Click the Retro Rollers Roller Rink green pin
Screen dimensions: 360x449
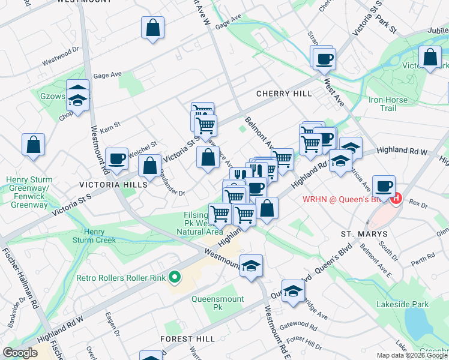175,277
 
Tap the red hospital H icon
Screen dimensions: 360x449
396,199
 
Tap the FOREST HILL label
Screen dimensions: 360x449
188,339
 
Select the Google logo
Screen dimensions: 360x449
20,353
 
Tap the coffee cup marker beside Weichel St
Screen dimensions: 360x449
116,158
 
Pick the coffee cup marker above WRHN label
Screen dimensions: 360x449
384,185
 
